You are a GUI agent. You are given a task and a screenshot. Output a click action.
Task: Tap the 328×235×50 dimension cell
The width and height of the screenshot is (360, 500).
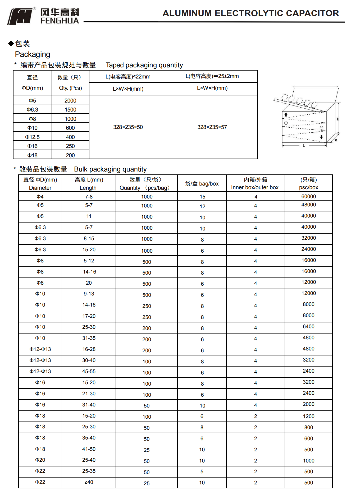coord(128,127)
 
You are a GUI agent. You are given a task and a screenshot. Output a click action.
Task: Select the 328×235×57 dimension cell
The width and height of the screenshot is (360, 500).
coord(212,127)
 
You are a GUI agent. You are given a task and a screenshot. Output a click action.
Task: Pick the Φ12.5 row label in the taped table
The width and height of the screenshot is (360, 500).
coord(32,137)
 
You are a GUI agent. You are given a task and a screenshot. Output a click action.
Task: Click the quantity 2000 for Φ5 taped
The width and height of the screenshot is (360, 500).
coord(70,101)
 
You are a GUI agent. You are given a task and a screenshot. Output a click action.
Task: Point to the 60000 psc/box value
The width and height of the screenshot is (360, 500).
coord(308,196)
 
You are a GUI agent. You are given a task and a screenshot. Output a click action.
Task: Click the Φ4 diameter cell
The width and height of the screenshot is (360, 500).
coord(40,197)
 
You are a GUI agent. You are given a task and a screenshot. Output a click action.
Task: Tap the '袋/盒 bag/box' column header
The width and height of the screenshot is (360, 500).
coord(202,184)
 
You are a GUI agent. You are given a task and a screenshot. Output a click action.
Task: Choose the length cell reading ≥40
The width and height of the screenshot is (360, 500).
coord(89,482)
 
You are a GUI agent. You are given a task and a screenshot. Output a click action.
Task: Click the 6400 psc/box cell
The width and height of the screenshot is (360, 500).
coord(308,327)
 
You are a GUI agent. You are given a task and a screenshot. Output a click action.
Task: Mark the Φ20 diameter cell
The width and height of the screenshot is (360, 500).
coord(40,460)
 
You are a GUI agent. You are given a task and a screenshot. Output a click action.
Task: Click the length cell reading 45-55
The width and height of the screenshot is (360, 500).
coord(89,372)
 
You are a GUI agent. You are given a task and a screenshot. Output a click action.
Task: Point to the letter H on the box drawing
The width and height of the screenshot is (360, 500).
coord(338,119)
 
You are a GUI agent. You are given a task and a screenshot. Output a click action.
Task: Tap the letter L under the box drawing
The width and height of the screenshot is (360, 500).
coord(304,146)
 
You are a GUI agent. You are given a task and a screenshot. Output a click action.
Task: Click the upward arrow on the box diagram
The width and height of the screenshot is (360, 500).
coord(286,114)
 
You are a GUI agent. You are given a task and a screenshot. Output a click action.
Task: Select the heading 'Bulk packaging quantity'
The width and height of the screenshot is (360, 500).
coord(110,169)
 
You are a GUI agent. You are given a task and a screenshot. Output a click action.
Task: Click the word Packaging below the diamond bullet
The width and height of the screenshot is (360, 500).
coord(33,54)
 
